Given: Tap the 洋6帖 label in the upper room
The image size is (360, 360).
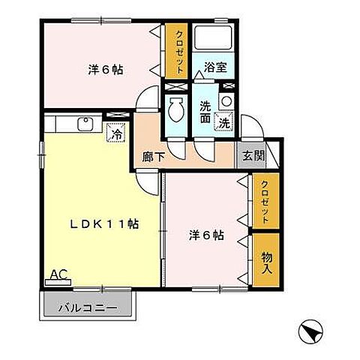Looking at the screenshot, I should [x=106, y=69].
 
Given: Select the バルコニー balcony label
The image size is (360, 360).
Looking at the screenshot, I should [x=88, y=307].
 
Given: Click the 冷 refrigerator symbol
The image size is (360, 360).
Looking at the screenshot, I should [x=117, y=134].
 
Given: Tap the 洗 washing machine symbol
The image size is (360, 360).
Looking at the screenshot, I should [x=224, y=121].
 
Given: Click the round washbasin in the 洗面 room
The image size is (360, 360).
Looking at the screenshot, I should [x=225, y=100].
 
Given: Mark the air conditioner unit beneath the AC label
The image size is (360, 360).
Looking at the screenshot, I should [x=55, y=283].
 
